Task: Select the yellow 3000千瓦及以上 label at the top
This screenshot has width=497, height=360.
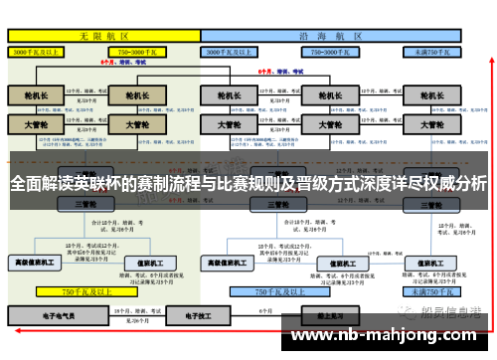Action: [x=38, y=50]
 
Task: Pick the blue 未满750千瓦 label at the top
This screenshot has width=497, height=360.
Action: [x=431, y=50]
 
